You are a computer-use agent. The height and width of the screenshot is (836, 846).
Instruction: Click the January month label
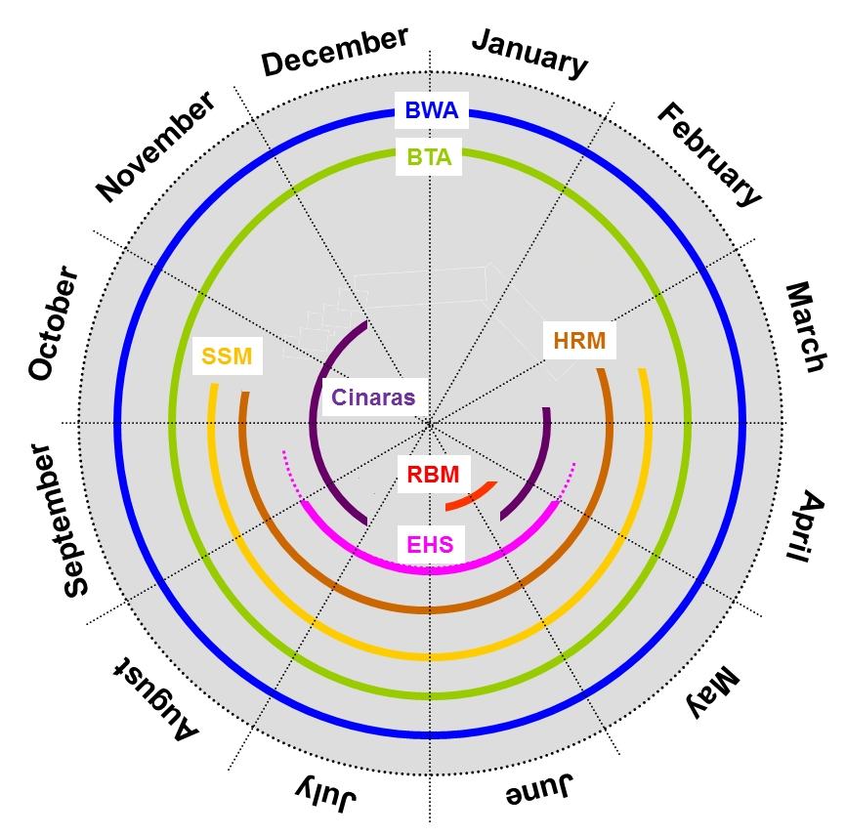click(530, 53)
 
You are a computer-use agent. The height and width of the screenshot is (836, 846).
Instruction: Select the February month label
click(708, 154)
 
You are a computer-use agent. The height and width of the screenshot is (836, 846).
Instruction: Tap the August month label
click(156, 695)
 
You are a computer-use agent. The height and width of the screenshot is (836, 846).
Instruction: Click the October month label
click(53, 323)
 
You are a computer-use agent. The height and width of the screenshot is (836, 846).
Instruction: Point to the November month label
click(155, 147)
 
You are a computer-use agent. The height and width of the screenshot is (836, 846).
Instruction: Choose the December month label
click(335, 52)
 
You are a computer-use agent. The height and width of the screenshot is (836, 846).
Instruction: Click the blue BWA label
click(431, 110)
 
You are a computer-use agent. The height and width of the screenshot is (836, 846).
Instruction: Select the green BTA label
click(429, 156)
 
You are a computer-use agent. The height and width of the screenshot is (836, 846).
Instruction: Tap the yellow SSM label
click(227, 357)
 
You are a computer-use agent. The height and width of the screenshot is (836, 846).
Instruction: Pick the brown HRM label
click(579, 341)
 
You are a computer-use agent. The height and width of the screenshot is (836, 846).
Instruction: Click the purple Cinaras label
click(373, 397)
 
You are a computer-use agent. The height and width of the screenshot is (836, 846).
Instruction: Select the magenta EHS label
click(431, 544)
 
